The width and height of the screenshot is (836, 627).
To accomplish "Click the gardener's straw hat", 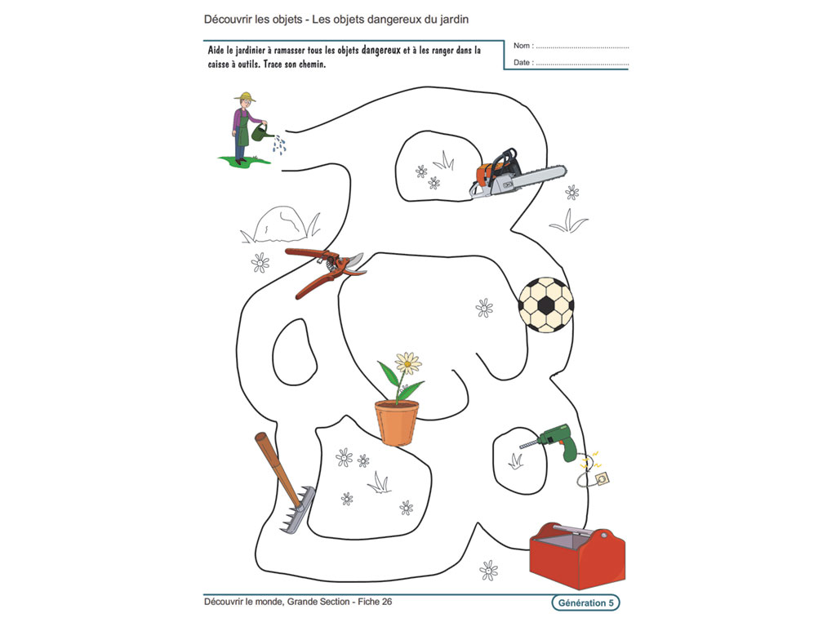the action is click(245, 97).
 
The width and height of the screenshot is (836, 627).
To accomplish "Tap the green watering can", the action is click(260, 133).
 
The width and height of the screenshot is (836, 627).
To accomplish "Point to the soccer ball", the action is click(546, 305).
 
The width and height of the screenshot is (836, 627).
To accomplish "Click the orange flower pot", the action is click(397, 422).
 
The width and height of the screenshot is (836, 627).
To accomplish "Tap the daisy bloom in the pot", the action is click(408, 363).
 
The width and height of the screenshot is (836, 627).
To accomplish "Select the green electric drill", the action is click(551, 441).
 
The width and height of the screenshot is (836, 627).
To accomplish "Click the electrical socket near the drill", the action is click(603, 478).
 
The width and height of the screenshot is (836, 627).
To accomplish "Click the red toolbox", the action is click(577, 555).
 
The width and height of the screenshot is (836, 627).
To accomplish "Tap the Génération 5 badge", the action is click(585, 603).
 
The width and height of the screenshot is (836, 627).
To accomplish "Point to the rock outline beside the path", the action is click(281, 224).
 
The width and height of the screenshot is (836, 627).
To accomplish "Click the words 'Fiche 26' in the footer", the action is click(375, 602).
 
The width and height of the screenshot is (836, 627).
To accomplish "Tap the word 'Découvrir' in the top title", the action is click(228, 20).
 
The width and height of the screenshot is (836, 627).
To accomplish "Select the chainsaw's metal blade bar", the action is click(536, 176).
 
